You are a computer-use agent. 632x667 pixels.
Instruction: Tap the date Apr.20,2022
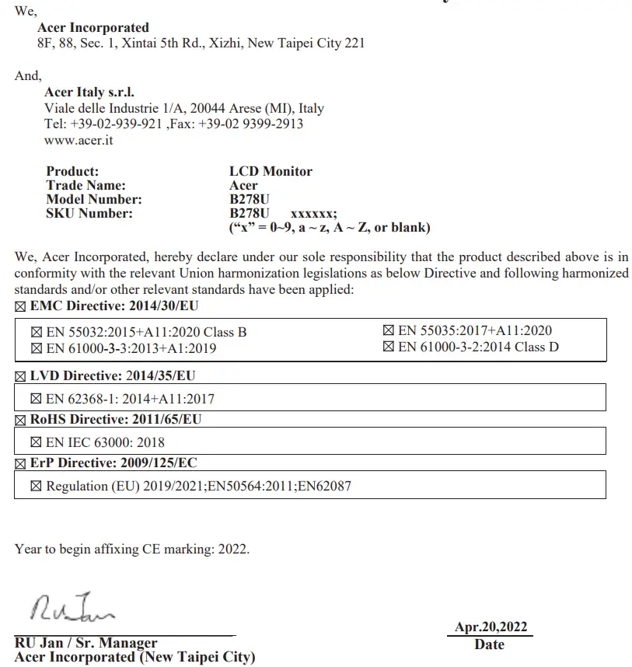point(491,627)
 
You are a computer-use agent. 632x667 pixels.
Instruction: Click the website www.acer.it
point(79,140)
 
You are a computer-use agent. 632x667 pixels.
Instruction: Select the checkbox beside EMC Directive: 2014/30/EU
point(20,307)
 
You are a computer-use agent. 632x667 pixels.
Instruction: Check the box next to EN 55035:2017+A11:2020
point(388,331)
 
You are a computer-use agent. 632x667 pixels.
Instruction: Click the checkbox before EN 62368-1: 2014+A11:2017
point(36,400)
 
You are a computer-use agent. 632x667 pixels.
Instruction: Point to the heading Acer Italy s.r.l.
point(89,93)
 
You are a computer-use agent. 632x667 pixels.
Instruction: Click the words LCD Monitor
point(271,171)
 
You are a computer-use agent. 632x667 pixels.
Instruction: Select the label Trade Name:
point(86,185)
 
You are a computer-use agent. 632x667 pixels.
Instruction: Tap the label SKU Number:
point(89,213)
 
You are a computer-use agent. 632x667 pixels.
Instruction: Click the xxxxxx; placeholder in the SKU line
point(313,214)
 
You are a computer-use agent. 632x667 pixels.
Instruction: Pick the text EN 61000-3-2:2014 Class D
point(478,347)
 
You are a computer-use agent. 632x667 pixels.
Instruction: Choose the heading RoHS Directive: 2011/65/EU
point(116,420)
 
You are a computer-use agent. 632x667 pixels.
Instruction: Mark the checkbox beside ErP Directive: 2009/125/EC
point(20,464)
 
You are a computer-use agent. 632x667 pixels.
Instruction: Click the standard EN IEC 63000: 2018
point(105,443)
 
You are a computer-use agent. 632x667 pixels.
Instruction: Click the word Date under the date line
point(489,644)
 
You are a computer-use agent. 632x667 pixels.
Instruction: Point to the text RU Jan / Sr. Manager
point(86,643)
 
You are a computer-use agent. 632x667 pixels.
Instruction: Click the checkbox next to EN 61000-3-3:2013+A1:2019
point(36,349)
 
